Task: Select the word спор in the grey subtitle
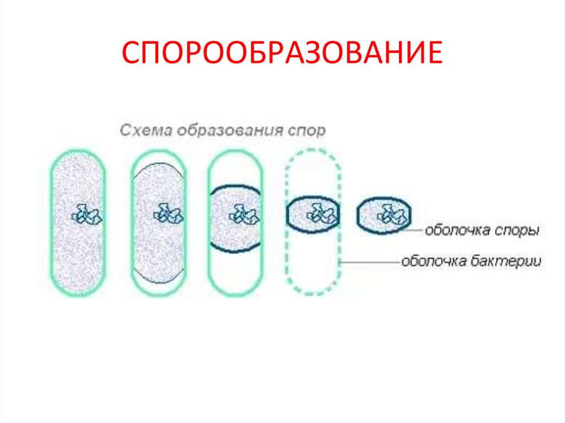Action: pyautogui.click(x=307, y=131)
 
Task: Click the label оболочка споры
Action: pyautogui.click(x=482, y=231)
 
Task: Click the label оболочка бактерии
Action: pyautogui.click(x=471, y=261)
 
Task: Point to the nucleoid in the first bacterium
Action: pyautogui.click(x=86, y=213)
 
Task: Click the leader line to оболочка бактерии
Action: pyautogui.click(x=370, y=263)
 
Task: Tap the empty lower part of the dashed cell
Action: pyautogui.click(x=313, y=262)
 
